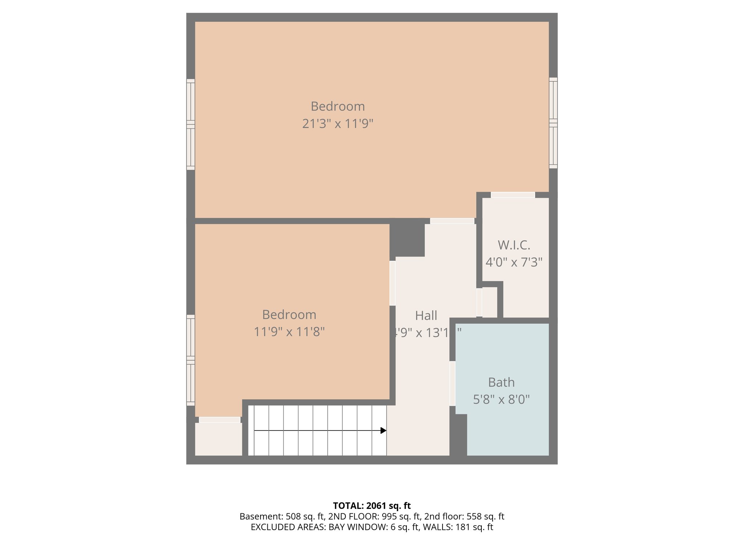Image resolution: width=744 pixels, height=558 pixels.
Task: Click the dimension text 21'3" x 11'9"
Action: pyautogui.click(x=337, y=124)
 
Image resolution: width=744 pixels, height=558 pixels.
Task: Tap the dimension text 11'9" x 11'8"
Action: pyautogui.click(x=289, y=332)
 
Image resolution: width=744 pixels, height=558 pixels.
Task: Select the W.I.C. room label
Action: pyautogui.click(x=514, y=245)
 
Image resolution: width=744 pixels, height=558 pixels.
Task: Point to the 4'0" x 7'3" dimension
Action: pyautogui.click(x=514, y=262)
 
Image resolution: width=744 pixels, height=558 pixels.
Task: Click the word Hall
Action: pyautogui.click(x=426, y=315)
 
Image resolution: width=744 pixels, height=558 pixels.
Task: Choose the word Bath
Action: pyautogui.click(x=501, y=382)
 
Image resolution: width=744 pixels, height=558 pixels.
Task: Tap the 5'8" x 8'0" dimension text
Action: pyautogui.click(x=501, y=400)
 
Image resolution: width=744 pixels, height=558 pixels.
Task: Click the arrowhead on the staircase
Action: pyautogui.click(x=383, y=430)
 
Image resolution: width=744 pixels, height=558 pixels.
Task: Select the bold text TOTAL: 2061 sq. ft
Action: pyautogui.click(x=372, y=506)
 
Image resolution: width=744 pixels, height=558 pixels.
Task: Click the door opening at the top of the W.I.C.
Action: pyautogui.click(x=513, y=195)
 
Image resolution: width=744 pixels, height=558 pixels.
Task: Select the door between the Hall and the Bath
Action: pyautogui.click(x=452, y=383)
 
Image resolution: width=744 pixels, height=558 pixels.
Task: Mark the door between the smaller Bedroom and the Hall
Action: pyautogui.click(x=392, y=283)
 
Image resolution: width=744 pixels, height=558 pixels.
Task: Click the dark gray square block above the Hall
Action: pyautogui.click(x=407, y=238)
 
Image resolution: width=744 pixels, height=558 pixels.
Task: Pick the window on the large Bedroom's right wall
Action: pyautogui.click(x=553, y=123)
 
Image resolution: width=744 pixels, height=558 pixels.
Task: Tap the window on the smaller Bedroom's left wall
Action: pyautogui.click(x=191, y=360)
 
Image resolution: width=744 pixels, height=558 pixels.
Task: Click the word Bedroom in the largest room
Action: pyautogui.click(x=337, y=106)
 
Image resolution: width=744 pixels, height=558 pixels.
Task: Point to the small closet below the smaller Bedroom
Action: pyautogui.click(x=218, y=439)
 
